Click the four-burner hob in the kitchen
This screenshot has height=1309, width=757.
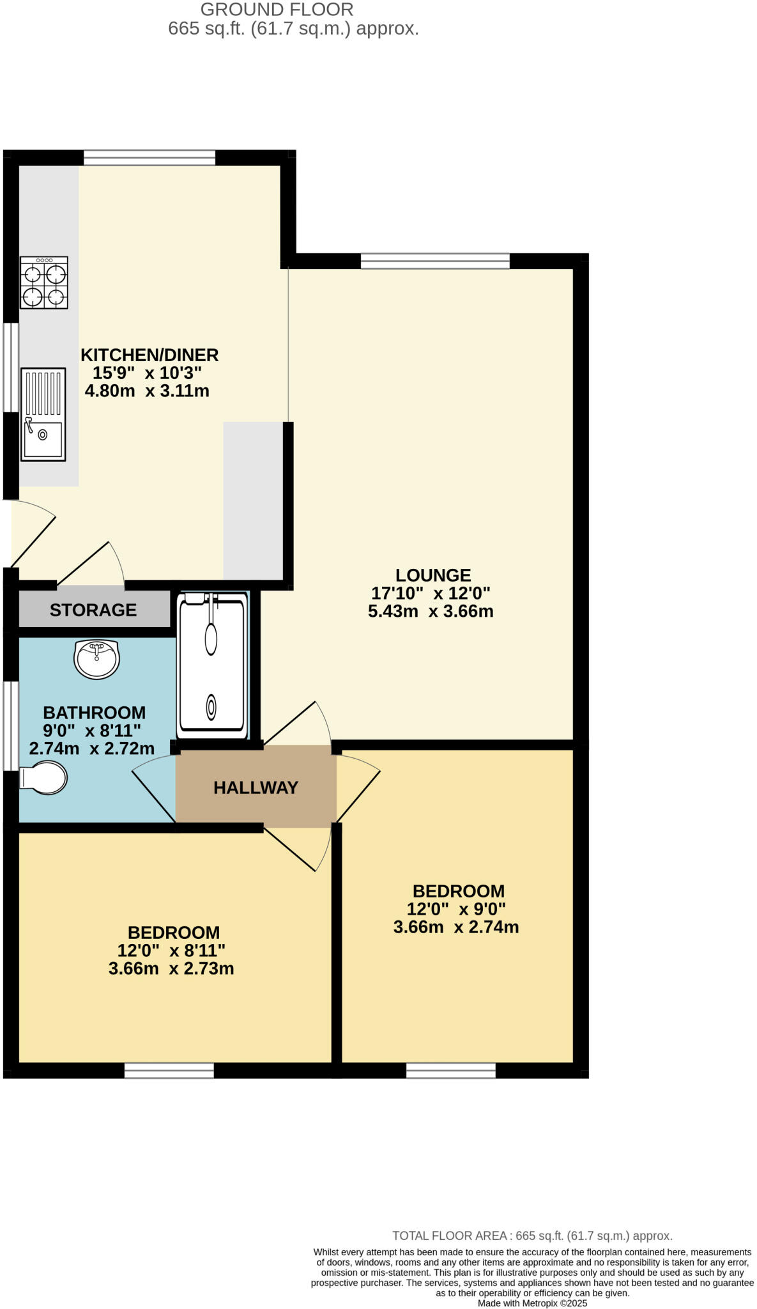pyautogui.click(x=43, y=283)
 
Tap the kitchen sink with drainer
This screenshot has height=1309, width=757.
pyautogui.click(x=43, y=414)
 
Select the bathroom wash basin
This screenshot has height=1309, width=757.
pyautogui.click(x=96, y=659)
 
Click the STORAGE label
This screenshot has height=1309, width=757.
pyautogui.click(x=93, y=610)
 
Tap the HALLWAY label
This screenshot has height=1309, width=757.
pyautogui.click(x=256, y=787)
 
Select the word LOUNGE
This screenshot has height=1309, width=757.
pyautogui.click(x=433, y=575)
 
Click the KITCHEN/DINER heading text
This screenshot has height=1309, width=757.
pyautogui.click(x=149, y=355)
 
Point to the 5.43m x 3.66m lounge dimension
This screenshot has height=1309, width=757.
pyautogui.click(x=431, y=612)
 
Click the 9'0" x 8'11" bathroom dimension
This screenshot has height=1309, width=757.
pyautogui.click(x=91, y=731)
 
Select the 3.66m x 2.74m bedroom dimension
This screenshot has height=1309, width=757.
pyautogui.click(x=455, y=927)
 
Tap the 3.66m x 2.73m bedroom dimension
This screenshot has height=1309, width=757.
pyautogui.click(x=171, y=969)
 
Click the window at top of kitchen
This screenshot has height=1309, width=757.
pyautogui.click(x=149, y=157)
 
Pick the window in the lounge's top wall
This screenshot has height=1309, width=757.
pyautogui.click(x=435, y=261)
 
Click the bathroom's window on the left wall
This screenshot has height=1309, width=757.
pyautogui.click(x=10, y=725)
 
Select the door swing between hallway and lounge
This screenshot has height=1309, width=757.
pyautogui.click(x=300, y=725)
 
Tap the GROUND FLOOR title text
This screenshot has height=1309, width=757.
pyautogui.click(x=277, y=10)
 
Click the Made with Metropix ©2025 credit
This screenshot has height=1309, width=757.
pyautogui.click(x=532, y=1303)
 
